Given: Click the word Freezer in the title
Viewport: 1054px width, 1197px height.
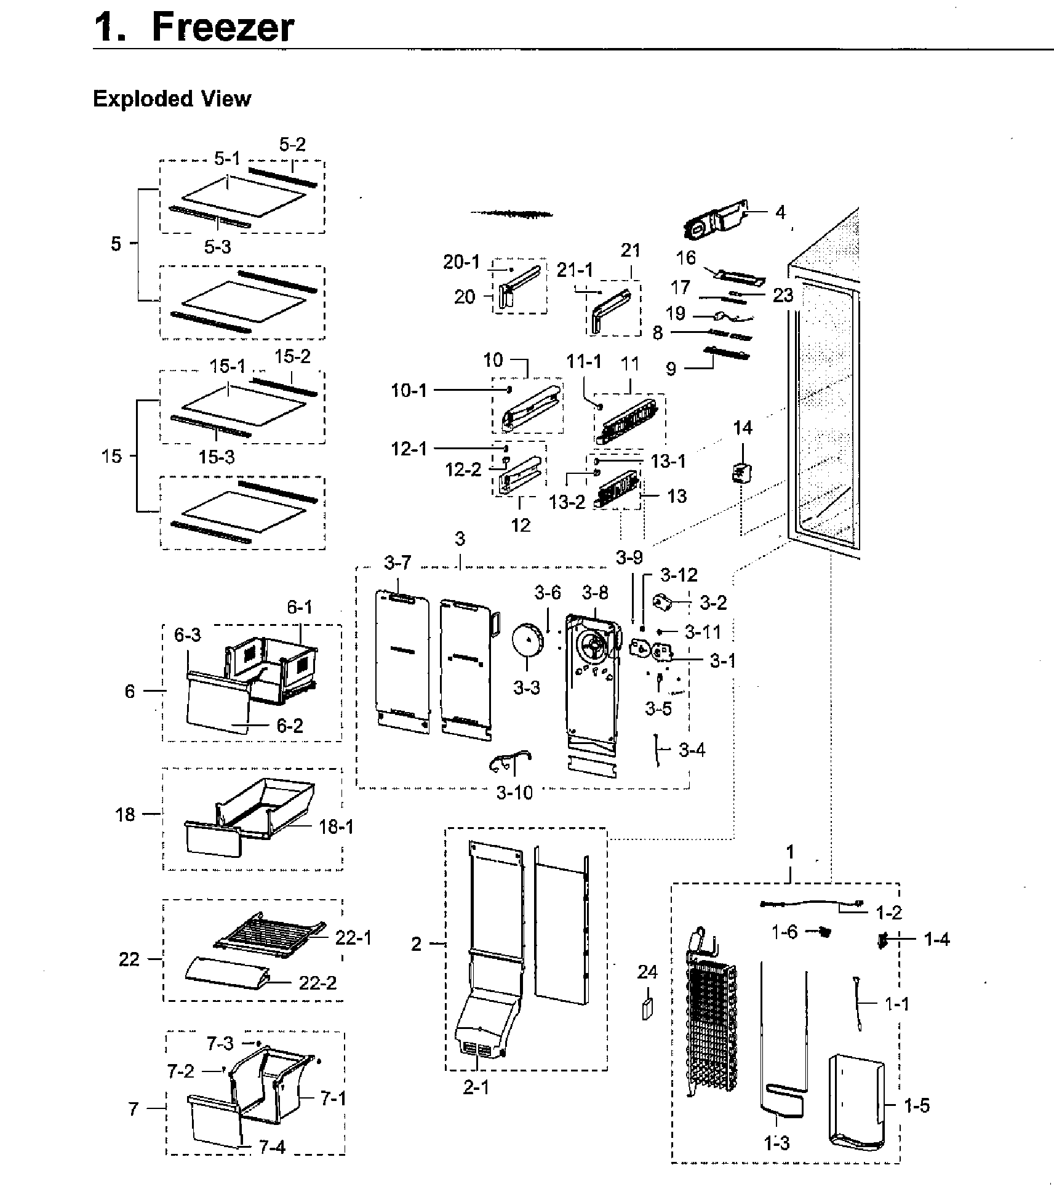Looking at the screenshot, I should click(223, 28).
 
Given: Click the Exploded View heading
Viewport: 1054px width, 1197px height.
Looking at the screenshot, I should click(172, 99).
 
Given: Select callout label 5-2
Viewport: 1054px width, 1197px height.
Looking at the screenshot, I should click(292, 145).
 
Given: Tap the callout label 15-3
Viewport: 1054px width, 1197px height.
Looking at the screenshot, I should click(217, 457).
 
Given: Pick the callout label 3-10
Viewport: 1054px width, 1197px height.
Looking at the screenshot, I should click(514, 793).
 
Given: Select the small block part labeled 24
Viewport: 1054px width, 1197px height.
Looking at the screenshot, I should click(647, 1010).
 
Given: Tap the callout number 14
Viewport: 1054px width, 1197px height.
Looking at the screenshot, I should click(743, 428).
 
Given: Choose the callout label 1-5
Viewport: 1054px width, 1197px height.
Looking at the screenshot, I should click(916, 1106).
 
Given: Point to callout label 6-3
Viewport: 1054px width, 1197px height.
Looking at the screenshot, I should click(188, 635).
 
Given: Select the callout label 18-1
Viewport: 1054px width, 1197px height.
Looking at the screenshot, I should click(337, 827).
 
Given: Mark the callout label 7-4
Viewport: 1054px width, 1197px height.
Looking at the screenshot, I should click(272, 1147).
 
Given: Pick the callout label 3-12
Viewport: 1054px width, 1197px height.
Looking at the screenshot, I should click(679, 575).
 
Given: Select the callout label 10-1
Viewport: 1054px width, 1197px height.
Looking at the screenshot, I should click(409, 390).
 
